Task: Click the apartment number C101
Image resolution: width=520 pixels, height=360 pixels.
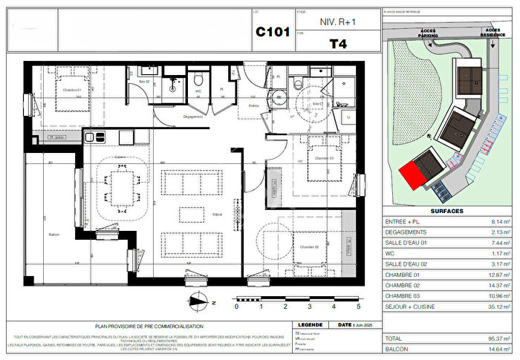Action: tap(273, 33)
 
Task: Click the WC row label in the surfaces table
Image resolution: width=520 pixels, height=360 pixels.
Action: tap(390, 253)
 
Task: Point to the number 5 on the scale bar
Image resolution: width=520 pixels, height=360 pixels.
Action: tap(358, 306)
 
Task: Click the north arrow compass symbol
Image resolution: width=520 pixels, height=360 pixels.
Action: tap(198, 301)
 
